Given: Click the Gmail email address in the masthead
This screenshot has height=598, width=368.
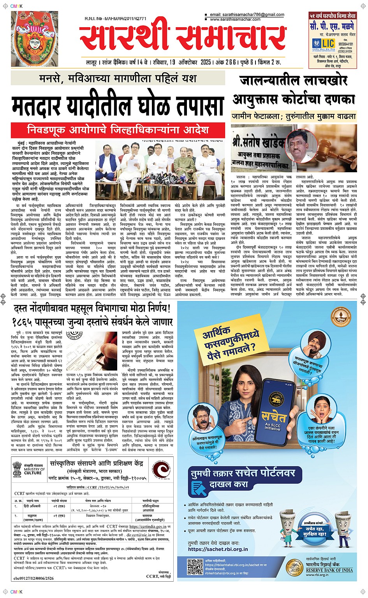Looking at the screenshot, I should [x=247, y=15].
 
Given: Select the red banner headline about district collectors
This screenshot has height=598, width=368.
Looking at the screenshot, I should [x=118, y=129].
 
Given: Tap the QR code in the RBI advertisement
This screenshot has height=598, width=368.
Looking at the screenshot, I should [x=195, y=567].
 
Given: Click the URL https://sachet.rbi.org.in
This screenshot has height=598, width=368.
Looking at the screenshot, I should [x=218, y=549].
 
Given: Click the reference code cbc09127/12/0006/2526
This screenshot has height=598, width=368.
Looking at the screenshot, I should [x=34, y=578].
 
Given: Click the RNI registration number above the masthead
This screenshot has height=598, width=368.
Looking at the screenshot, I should [x=115, y=19].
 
